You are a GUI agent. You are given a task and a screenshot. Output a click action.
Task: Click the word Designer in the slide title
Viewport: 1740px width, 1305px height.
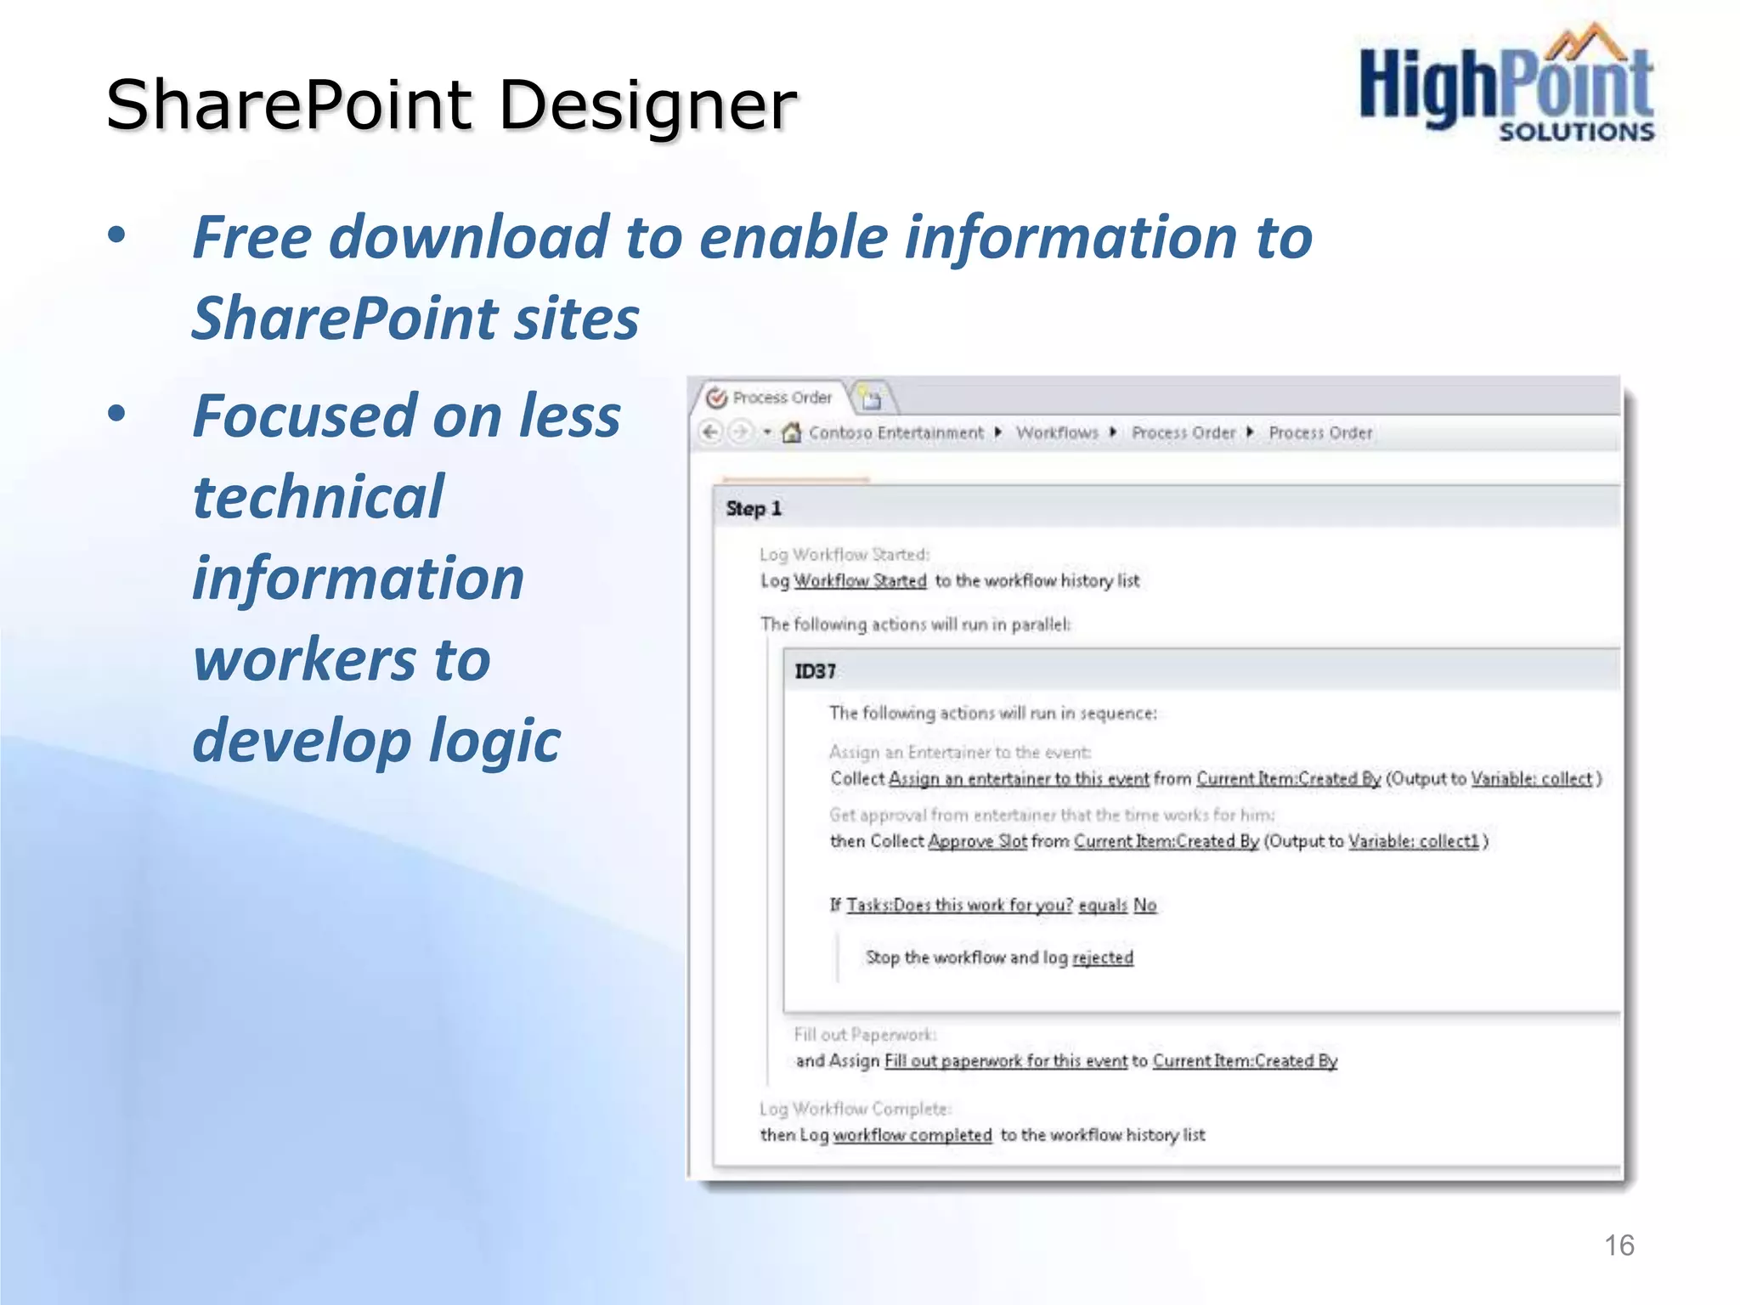point(647,105)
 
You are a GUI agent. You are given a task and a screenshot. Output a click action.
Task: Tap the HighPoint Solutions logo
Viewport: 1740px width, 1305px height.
point(1506,85)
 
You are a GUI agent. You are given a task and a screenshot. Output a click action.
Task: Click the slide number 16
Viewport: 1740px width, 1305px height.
point(1619,1246)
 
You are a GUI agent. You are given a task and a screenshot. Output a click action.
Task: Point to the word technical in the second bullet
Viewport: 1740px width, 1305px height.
point(318,496)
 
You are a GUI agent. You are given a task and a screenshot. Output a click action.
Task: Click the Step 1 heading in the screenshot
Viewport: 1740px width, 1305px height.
point(754,509)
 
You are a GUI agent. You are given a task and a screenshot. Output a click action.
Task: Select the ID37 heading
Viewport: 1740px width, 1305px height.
point(815,671)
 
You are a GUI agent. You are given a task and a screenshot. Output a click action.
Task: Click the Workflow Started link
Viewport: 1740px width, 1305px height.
point(860,581)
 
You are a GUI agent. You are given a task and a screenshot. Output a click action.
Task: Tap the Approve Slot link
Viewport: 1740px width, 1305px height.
point(977,841)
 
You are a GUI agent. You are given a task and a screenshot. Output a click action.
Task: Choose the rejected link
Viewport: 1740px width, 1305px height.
point(1102,958)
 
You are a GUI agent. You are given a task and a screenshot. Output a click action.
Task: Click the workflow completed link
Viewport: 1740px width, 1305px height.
point(912,1135)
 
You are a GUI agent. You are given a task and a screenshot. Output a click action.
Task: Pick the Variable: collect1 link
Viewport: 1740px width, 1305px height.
point(1413,841)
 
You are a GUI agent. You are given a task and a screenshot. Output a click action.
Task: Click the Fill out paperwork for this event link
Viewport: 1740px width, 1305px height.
point(1006,1061)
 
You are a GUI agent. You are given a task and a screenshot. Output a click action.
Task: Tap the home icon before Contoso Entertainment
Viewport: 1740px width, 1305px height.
point(791,432)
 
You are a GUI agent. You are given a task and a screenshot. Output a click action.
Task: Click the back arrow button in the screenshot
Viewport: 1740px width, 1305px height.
point(710,432)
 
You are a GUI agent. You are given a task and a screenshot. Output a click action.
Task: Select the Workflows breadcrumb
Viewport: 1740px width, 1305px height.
point(1057,433)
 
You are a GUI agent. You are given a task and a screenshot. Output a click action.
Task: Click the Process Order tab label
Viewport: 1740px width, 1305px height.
point(782,398)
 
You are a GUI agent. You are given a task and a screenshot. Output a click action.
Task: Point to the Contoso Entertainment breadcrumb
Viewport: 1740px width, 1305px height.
point(895,433)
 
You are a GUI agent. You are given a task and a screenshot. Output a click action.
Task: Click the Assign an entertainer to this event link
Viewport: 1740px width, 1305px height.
point(1018,779)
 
